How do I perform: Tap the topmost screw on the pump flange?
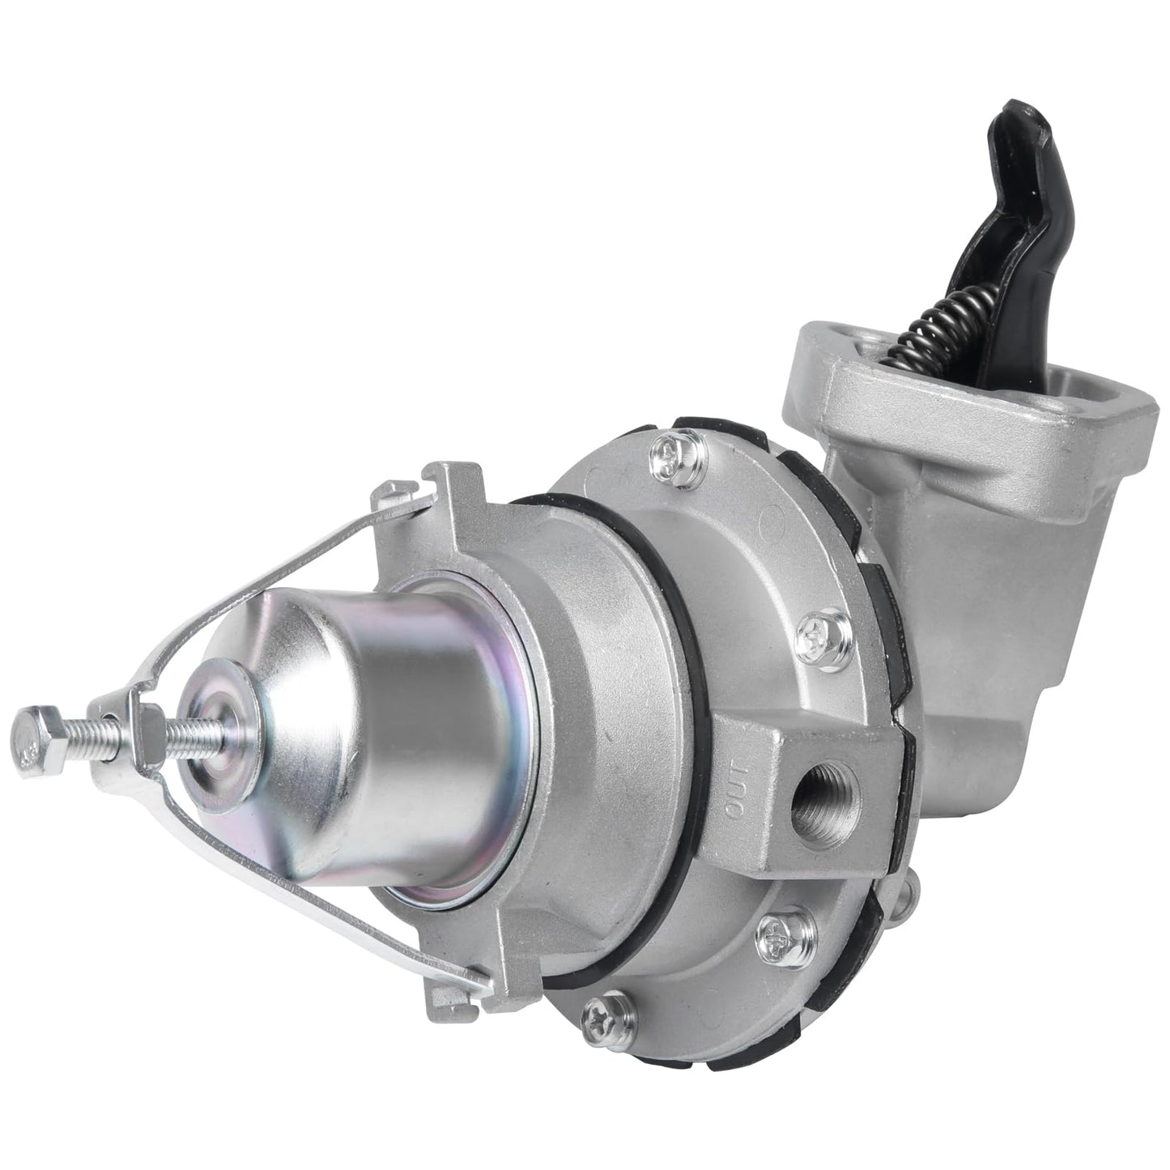[674, 447]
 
